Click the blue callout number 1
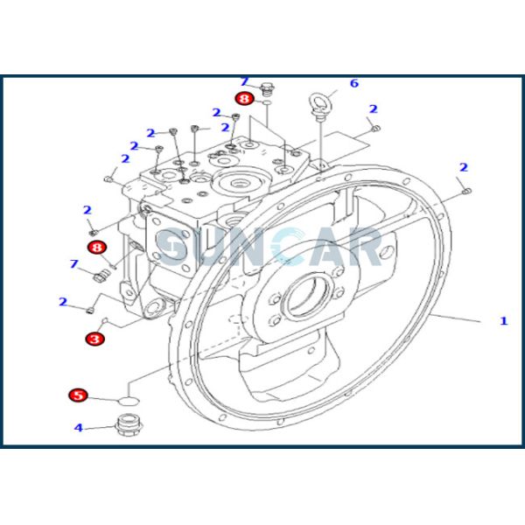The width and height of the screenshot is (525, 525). coord(503,321)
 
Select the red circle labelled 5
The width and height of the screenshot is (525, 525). coord(79,396)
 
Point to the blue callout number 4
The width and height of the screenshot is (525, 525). coord(78,428)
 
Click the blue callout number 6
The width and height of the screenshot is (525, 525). coord(354,84)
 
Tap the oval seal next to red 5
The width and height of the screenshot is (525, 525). coord(129,400)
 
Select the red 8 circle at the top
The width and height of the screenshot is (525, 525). coord(244,100)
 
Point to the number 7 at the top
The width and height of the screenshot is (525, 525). coord(245,81)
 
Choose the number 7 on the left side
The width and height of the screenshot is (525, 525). coord(73,263)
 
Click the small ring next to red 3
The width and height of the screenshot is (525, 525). coord(106,321)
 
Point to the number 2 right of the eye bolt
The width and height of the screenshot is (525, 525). coord(373,109)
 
